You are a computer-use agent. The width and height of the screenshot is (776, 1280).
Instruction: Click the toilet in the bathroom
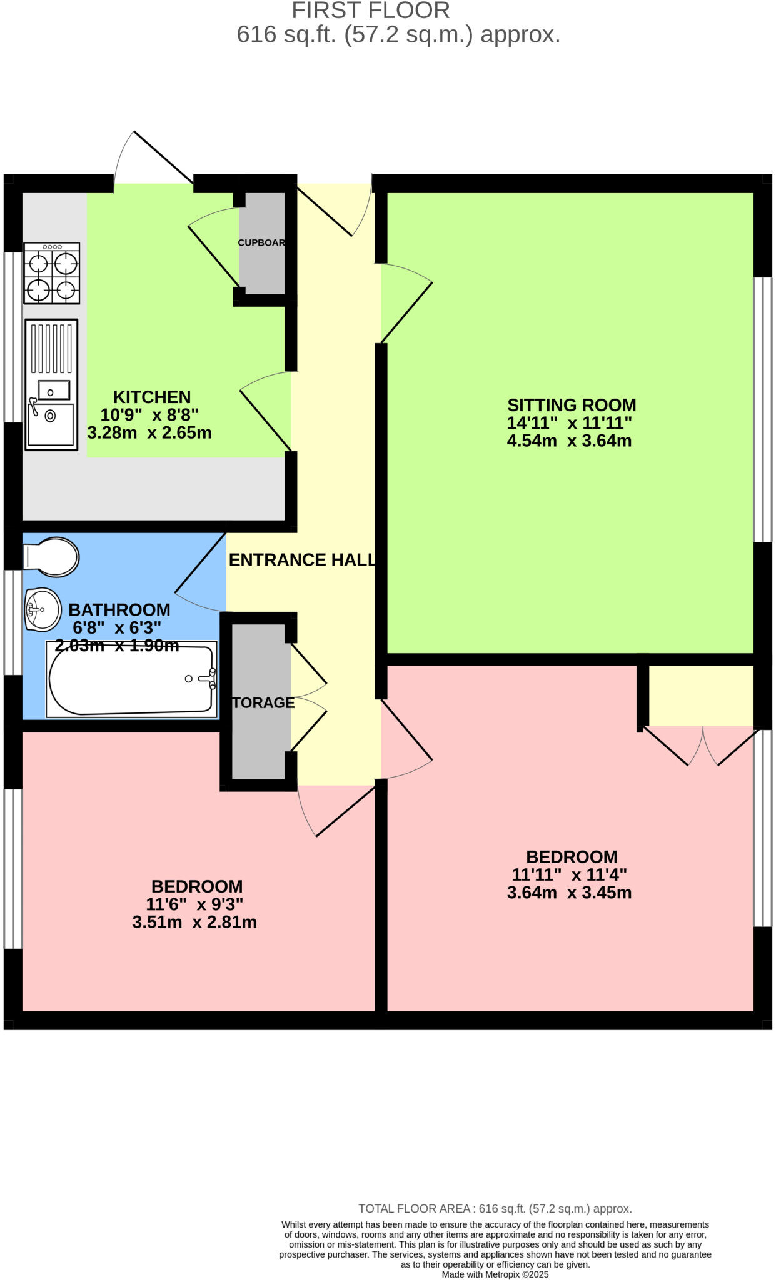pyautogui.click(x=51, y=556)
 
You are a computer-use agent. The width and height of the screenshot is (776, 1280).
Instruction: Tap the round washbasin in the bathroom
pyautogui.click(x=43, y=609)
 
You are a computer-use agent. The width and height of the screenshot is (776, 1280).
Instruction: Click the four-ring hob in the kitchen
pyautogui.click(x=51, y=274)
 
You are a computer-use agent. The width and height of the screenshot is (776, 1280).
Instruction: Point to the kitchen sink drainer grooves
pyautogui.click(x=51, y=348)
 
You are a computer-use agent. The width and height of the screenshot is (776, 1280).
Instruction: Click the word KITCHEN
pyautogui.click(x=151, y=397)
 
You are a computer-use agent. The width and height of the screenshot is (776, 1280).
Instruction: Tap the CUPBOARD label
pyautogui.click(x=261, y=242)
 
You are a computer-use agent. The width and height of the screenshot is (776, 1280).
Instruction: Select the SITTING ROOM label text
pyautogui.click(x=571, y=405)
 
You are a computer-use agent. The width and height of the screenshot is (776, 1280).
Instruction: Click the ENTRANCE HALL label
pyautogui.click(x=302, y=560)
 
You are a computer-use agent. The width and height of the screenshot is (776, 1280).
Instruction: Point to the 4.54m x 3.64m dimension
pyautogui.click(x=569, y=441)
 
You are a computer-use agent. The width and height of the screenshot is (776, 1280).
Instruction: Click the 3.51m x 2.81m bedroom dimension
pyautogui.click(x=194, y=922)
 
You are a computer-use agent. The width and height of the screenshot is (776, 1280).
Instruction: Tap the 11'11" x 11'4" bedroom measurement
pyautogui.click(x=569, y=874)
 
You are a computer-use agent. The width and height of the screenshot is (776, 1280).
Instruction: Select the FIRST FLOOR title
pyautogui.click(x=370, y=11)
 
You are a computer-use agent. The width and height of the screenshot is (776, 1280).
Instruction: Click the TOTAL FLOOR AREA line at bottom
pyautogui.click(x=495, y=1209)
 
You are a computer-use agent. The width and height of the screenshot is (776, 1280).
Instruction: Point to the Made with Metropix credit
pyautogui.click(x=495, y=1274)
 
